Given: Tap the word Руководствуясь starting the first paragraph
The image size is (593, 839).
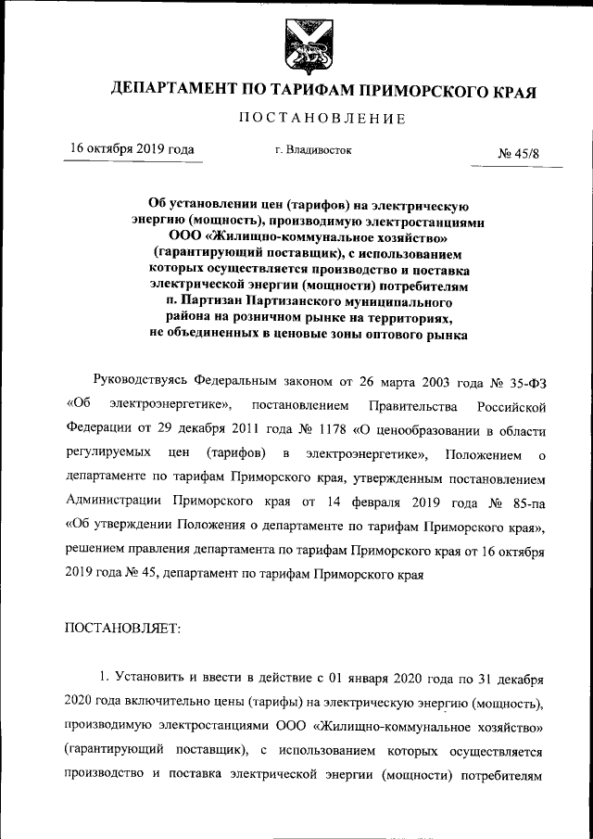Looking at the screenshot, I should pos(141,381).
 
